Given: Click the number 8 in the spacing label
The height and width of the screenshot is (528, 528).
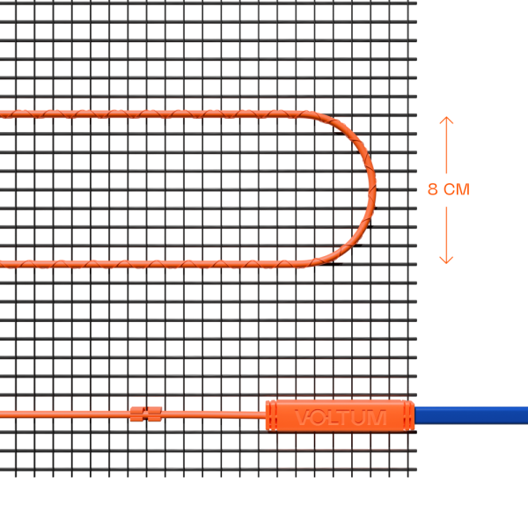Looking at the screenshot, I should pos(432,189).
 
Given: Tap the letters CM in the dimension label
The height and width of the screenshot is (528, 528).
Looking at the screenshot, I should pos(456,189).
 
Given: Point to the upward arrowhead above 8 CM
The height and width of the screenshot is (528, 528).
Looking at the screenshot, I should pos(446,121).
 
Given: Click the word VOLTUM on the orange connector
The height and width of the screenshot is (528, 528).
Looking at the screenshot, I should pos(340,417).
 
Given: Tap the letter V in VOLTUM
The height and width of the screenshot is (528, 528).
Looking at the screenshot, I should pos(303,417).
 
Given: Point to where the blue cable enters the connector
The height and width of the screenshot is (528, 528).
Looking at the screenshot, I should pos(415,415).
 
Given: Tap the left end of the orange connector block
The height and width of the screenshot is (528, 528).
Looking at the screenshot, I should pos(268,415).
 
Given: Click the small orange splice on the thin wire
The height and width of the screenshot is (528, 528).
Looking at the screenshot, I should pos(146,413).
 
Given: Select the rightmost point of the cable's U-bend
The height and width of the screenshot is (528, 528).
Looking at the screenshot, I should pos(373,187).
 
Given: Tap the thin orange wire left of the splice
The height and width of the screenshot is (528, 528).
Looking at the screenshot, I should pos(62,414).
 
